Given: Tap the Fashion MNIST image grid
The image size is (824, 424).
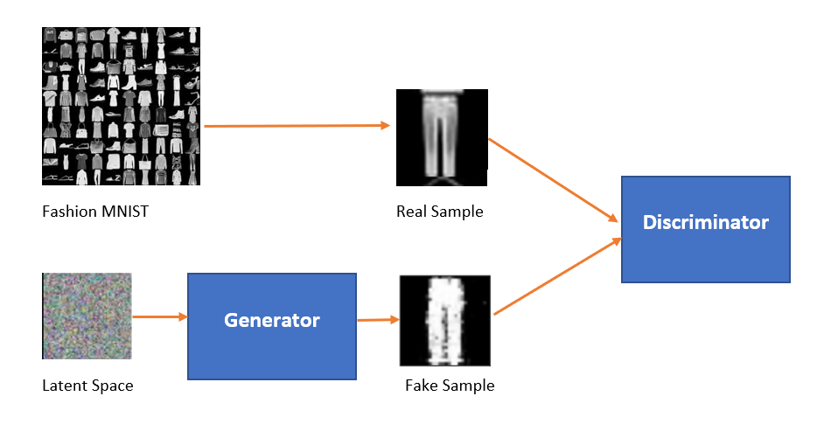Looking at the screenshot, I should coord(121,106).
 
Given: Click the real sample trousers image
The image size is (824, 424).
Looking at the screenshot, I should coord(442,137).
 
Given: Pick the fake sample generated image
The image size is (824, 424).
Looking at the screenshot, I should coord(444,321).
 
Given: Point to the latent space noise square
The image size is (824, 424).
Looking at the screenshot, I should coord(87,316).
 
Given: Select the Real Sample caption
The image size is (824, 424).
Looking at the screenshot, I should coord(439,211).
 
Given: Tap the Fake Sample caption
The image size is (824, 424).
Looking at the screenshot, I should coord(450,386).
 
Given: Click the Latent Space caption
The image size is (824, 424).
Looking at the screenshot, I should coord(87,386).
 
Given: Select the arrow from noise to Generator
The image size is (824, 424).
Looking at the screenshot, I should coord(159,316).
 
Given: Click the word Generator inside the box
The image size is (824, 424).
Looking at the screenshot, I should coord(272,321).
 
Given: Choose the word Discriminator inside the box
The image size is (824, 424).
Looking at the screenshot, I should coord(705,222).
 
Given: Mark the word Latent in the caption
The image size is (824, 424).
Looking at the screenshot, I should coord(62,386).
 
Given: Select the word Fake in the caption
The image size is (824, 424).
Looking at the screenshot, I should coord(422,386).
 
